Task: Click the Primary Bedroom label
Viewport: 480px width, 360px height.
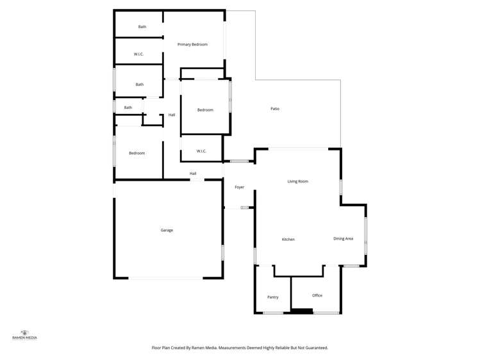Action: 192,44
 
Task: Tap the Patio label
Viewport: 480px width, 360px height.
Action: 274,109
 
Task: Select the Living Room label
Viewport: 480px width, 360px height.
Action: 297,181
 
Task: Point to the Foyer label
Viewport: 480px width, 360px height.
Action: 239,187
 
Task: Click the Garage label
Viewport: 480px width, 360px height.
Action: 167,230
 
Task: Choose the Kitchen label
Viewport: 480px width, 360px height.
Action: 288,240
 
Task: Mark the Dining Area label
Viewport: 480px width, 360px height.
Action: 343,239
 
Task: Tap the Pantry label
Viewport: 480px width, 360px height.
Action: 272,297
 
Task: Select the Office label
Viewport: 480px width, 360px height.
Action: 317,295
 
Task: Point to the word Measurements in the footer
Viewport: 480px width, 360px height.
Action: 235,348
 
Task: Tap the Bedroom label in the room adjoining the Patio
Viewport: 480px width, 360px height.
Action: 205,110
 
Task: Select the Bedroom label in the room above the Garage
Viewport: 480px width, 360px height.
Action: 137,153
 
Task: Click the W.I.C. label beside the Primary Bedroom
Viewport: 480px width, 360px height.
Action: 138,54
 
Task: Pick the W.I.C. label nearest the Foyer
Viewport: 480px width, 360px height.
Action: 201,151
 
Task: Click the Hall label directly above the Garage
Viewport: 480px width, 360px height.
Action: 192,174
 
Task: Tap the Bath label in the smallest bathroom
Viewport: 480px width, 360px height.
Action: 128,108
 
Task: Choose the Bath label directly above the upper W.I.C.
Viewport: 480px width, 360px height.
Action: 142,27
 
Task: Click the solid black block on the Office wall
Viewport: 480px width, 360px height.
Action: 302,312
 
